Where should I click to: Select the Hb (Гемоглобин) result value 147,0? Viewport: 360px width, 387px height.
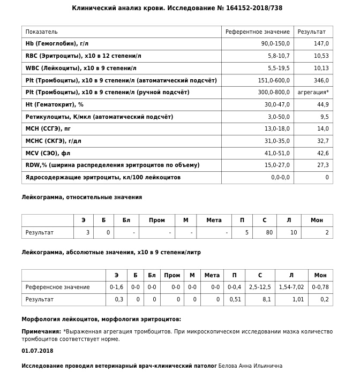pyautogui.click(x=321, y=43)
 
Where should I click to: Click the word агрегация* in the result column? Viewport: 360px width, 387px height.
pyautogui.click(x=313, y=93)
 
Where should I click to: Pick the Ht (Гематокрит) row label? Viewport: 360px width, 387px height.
pyautogui.click(x=55, y=105)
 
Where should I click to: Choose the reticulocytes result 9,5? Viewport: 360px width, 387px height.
pyautogui.click(x=324, y=117)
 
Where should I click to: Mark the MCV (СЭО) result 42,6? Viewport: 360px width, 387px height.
pyautogui.click(x=322, y=154)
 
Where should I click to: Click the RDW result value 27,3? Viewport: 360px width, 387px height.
pyautogui.click(x=322, y=165)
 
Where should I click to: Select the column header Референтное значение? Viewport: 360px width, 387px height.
pyautogui.click(x=258, y=32)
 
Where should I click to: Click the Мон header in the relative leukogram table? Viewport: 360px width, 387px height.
pyautogui.click(x=317, y=220)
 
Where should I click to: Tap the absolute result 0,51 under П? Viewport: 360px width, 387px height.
pyautogui.click(x=235, y=300)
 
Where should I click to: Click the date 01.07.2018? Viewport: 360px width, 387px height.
pyautogui.click(x=37, y=351)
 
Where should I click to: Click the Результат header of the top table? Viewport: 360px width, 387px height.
pyautogui.click(x=312, y=32)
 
